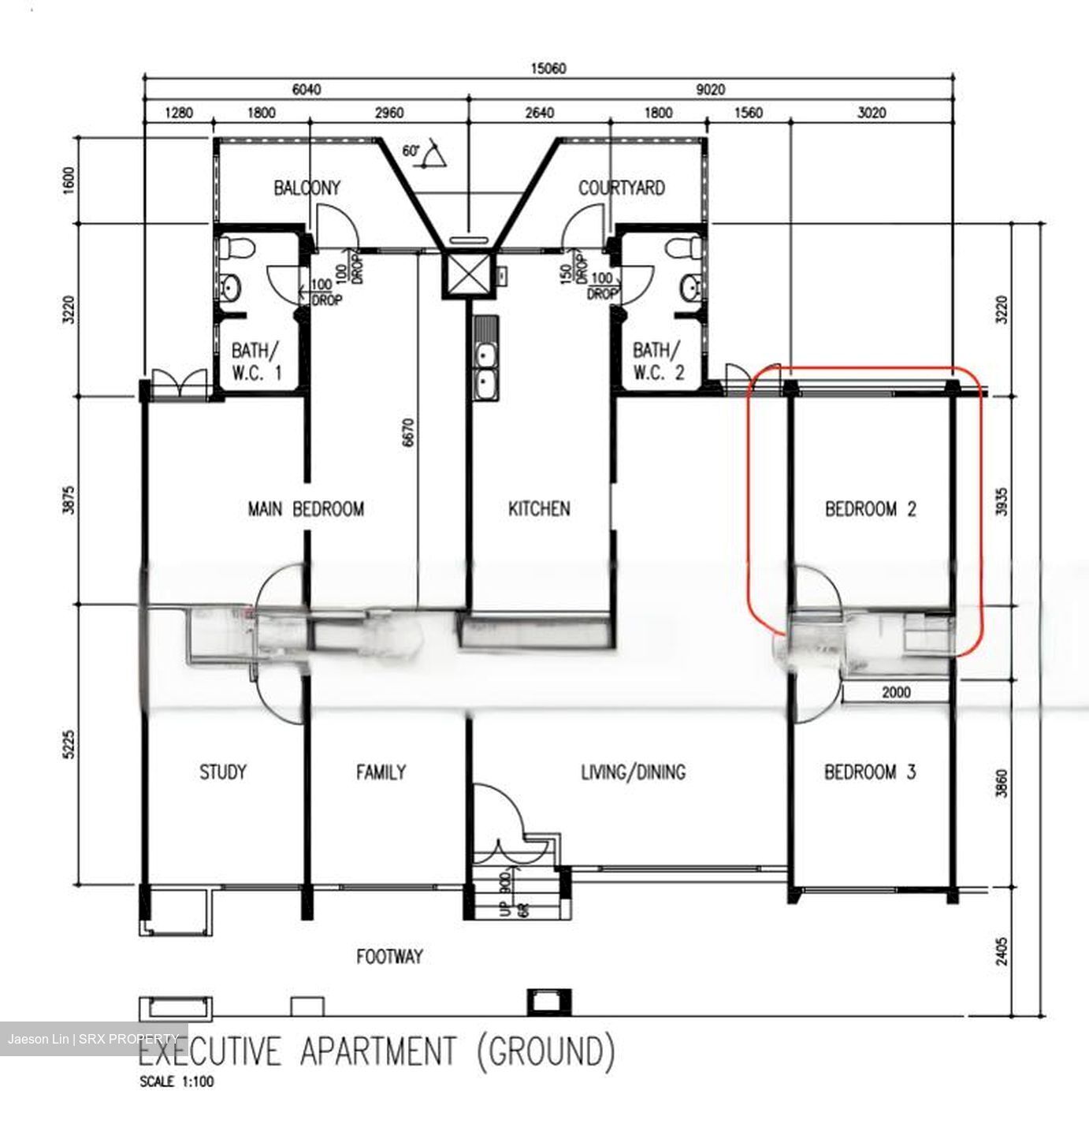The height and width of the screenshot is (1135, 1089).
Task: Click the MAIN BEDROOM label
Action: pos(306,509)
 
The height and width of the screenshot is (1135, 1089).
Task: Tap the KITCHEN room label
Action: pos(539,509)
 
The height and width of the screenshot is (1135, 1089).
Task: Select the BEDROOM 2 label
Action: pos(871,509)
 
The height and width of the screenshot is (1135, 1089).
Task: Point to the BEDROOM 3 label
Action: pos(870,772)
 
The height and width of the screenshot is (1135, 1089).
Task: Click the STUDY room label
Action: pos(222,772)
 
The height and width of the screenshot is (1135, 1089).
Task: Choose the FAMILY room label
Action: pos(381,772)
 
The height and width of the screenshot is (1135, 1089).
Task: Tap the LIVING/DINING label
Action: pos(633,772)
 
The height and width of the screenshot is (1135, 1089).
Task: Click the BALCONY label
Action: pos(307,188)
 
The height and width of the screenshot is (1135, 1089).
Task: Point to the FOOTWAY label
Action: pos(389,957)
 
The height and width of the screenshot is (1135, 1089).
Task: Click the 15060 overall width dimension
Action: pos(549,69)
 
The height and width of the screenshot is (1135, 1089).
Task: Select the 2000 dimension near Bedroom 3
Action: pos(896,692)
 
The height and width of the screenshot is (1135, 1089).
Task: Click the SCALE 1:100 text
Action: pos(177,1082)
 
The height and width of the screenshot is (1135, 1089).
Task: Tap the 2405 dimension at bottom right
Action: pos(1001,951)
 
